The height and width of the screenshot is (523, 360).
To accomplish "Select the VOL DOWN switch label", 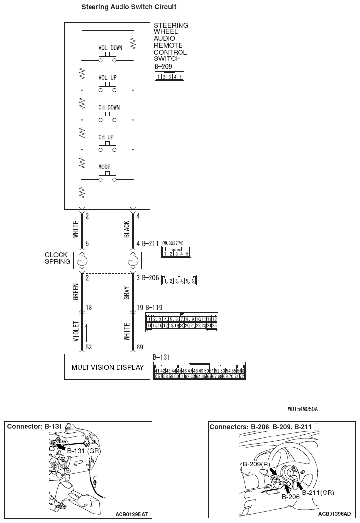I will (x=110, y=48).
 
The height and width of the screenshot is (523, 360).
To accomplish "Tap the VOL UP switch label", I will (x=107, y=78).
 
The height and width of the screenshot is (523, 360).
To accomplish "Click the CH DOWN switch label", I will (x=109, y=107).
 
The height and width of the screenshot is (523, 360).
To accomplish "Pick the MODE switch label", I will (x=104, y=167).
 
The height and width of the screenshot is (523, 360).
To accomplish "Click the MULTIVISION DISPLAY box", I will (x=107, y=367).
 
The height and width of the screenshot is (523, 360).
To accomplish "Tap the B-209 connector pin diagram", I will (x=169, y=76).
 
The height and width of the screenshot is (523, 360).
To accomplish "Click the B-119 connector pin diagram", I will (x=181, y=322).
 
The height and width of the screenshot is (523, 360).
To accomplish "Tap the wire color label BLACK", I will (x=127, y=229).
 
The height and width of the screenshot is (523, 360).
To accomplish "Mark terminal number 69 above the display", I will (x=140, y=348).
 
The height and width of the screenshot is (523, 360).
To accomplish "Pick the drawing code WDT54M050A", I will (x=303, y=409).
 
